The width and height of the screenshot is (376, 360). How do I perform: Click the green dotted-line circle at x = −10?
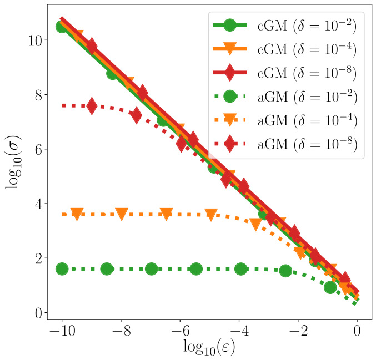(x=62, y=268)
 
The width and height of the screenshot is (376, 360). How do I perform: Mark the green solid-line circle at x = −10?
(x=62, y=27)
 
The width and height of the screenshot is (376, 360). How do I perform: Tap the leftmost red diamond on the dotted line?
(x=92, y=106)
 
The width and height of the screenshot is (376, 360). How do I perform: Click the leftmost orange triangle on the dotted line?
(x=77, y=214)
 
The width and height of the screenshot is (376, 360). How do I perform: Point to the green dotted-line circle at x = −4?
(x=240, y=268)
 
